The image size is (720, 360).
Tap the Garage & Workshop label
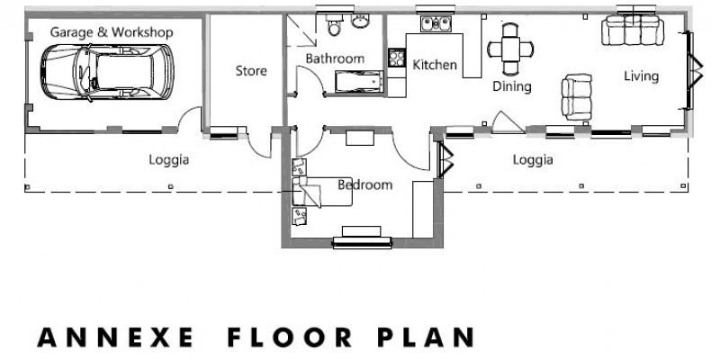pos(111,32)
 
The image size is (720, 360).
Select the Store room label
pos(251,70)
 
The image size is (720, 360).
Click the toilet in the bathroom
pos(335,28)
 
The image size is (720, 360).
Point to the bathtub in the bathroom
pos(357,84)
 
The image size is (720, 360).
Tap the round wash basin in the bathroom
pos(363,22)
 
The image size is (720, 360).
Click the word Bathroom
pos(334,58)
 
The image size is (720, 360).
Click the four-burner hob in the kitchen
pos(396,58)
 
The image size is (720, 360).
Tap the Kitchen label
pos(435,65)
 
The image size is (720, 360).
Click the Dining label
pos(511,86)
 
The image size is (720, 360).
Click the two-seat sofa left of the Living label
pos(576,95)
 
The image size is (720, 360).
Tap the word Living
pos(641,76)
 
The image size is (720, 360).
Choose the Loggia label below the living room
pos(532,160)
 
